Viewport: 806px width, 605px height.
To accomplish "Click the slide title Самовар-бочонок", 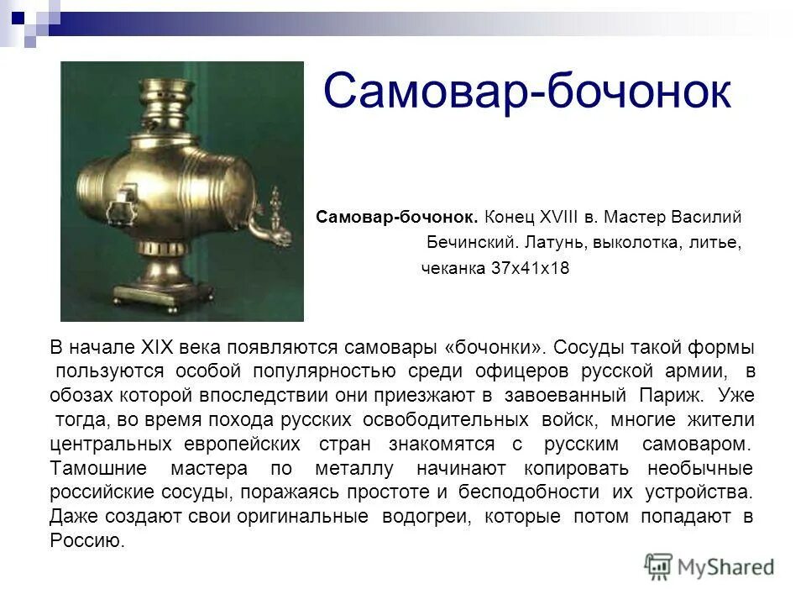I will [x=526, y=91].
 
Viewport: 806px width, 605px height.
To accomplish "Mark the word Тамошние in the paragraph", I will [x=98, y=467].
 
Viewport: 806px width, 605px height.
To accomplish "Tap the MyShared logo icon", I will [x=659, y=566].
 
